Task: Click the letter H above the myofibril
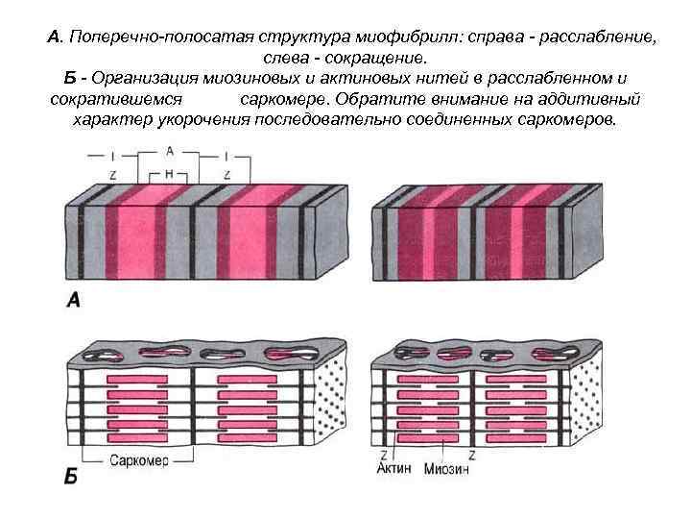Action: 170,174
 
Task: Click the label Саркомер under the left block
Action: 139,460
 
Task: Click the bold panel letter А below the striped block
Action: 73,301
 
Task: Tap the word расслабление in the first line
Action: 599,37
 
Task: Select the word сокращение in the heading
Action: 371,59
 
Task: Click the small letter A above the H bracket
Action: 170,152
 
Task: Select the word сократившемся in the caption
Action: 115,100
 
